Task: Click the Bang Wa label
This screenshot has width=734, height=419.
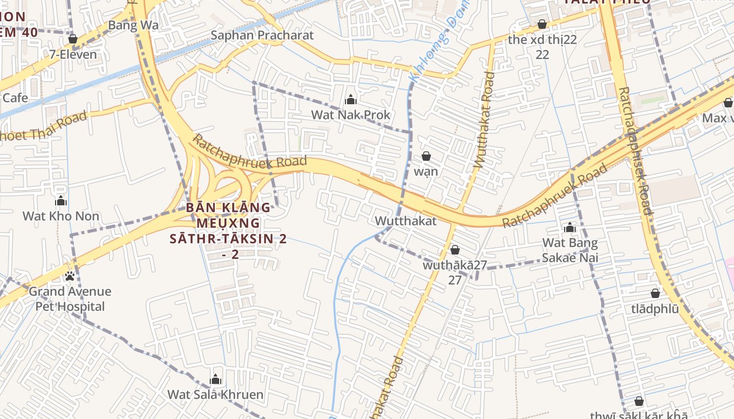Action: tap(133, 26)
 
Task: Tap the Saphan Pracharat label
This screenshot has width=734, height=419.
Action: tap(262, 35)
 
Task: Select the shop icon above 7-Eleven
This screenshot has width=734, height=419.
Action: tap(73, 39)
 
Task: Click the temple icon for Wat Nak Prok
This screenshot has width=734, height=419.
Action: tap(351, 100)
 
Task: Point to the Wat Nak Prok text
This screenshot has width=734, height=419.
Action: tap(351, 115)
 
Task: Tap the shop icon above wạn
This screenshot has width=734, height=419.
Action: tap(426, 156)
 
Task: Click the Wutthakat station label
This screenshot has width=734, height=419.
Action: tap(405, 221)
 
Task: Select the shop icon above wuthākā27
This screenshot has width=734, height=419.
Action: tap(455, 250)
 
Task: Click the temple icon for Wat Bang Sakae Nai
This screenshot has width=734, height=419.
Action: tap(570, 228)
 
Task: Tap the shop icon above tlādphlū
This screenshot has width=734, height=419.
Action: tap(655, 293)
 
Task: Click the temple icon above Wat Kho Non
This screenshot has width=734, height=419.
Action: tap(61, 201)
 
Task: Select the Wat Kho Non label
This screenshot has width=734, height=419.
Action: tap(61, 216)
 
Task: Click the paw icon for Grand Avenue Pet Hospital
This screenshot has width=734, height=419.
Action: tap(70, 275)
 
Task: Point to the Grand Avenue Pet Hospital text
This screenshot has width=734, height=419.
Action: tap(70, 299)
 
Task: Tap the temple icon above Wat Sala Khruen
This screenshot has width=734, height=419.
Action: tap(215, 380)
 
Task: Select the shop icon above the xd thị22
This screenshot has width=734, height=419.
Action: tap(542, 25)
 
